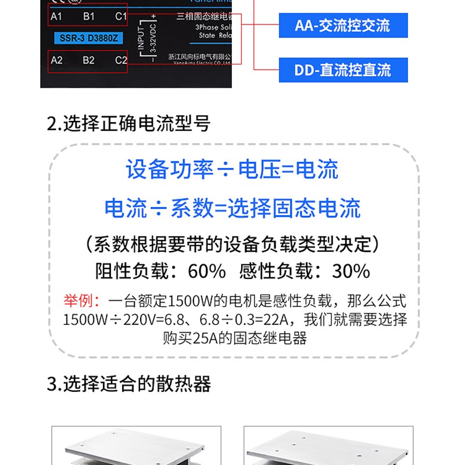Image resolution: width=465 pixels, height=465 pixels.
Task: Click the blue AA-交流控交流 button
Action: click(x=342, y=25)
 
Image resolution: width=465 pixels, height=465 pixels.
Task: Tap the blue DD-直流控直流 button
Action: click(x=342, y=70)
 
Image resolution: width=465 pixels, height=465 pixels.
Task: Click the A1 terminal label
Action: click(x=56, y=16)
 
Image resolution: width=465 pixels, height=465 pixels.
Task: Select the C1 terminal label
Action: click(x=120, y=16)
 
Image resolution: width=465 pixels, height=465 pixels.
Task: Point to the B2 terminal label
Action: click(x=88, y=60)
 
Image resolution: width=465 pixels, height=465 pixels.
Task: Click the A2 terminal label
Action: click(x=56, y=60)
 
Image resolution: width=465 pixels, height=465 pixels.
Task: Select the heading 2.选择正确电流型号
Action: click(x=128, y=123)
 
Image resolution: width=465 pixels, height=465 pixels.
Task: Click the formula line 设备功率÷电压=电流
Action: click(x=233, y=170)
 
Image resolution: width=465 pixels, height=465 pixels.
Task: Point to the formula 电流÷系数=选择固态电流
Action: click(x=233, y=209)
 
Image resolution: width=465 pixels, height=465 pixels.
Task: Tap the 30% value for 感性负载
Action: click(x=350, y=271)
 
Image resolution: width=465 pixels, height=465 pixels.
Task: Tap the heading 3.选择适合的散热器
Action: click(x=128, y=384)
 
